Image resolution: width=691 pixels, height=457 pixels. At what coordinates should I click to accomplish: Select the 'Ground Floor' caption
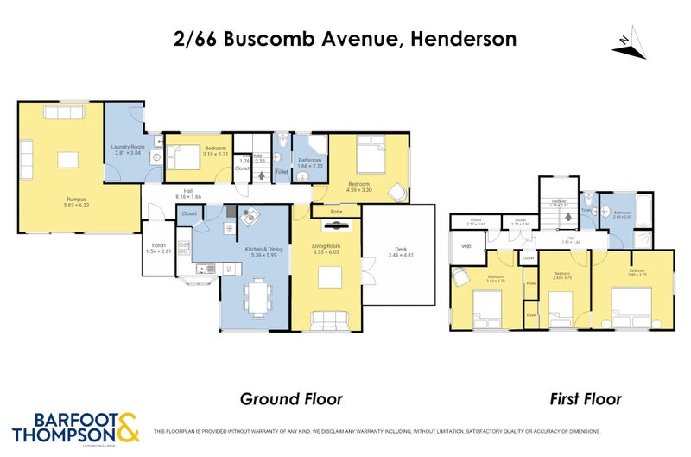coord(290,398)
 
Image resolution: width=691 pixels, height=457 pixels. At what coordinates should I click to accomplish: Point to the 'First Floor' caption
coord(586,398)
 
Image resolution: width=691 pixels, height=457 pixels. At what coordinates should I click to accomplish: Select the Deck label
coord(400,251)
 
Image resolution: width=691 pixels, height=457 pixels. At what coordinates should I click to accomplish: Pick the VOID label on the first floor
coord(467,246)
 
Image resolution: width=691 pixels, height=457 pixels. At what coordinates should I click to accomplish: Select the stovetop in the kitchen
coord(184,249)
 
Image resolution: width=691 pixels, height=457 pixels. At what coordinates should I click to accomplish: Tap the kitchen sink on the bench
coord(206,269)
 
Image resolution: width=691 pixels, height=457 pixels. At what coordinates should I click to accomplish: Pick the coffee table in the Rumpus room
coord(67,159)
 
